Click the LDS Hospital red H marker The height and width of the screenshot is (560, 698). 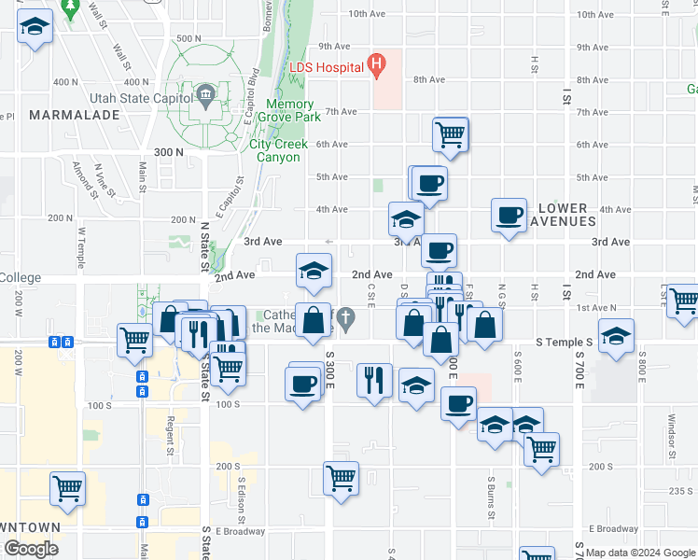[377, 65]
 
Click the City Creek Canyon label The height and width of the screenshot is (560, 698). [274, 150]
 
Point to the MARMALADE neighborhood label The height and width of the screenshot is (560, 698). [74, 115]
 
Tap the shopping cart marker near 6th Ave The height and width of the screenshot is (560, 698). [451, 133]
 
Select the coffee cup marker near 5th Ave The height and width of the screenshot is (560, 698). [429, 182]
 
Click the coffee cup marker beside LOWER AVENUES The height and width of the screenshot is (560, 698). [510, 215]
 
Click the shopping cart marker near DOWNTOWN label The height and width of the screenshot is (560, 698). [68, 488]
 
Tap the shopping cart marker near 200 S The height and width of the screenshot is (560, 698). [342, 478]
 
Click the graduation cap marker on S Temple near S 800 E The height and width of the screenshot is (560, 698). [616, 336]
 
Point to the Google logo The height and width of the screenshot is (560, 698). [31, 549]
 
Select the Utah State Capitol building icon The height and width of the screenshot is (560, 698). [205, 93]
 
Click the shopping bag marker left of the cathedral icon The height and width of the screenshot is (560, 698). [314, 320]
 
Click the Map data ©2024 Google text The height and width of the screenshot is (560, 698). [639, 553]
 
